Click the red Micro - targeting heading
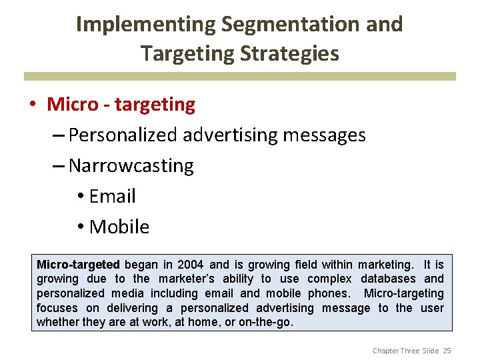[x=121, y=104]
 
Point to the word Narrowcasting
[x=131, y=165]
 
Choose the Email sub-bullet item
[x=112, y=196]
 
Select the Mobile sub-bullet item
[x=119, y=227]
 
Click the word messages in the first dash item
[x=324, y=135]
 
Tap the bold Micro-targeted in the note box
[x=78, y=265]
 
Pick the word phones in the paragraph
[x=326, y=293]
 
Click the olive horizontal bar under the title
[x=240, y=76]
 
